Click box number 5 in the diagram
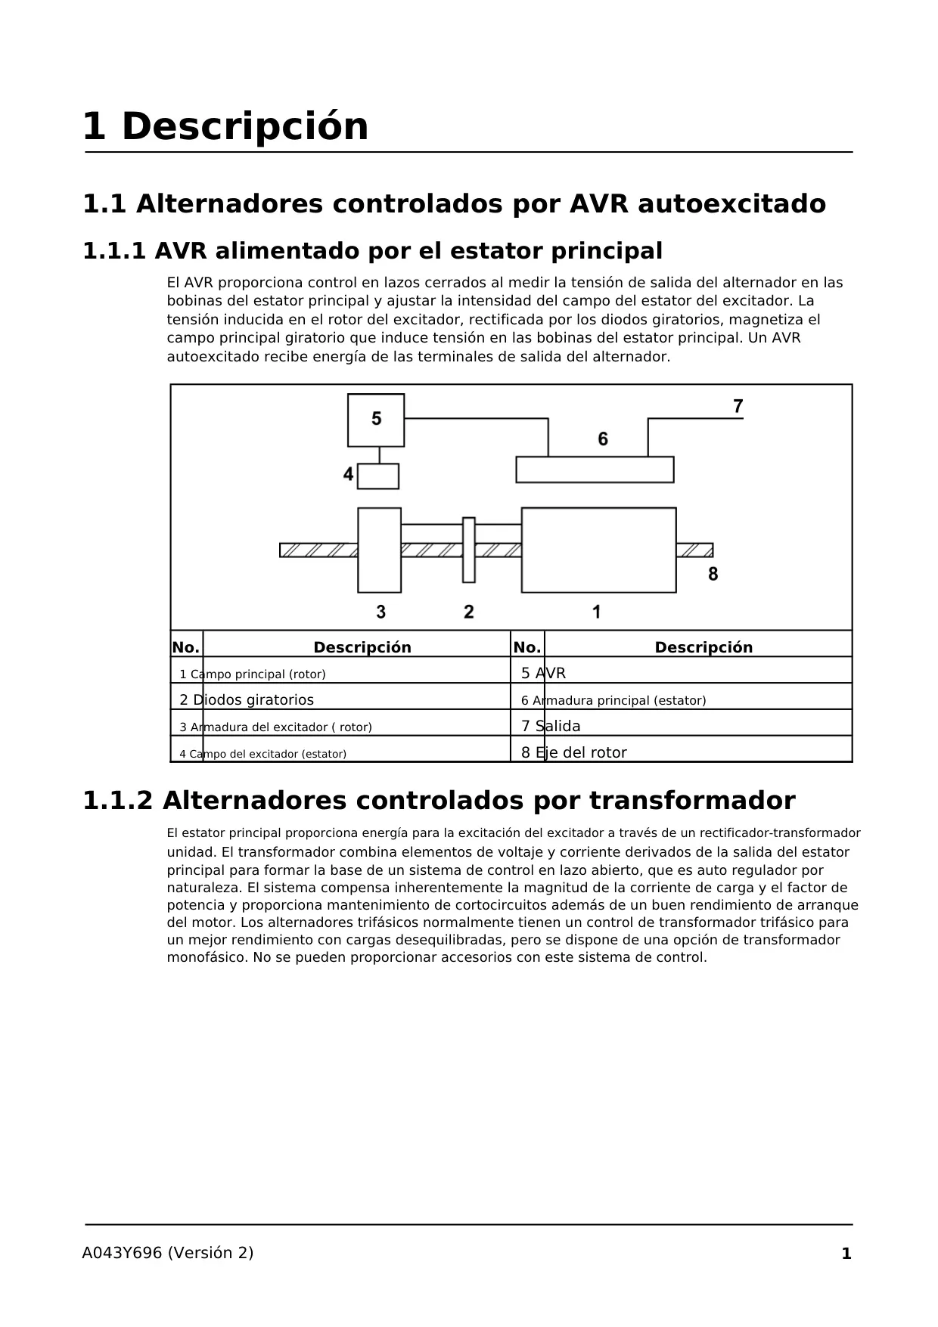click(376, 420)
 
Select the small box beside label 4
click(378, 476)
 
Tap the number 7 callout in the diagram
click(738, 407)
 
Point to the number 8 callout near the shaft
click(713, 575)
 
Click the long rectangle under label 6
click(595, 470)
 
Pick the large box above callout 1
click(598, 550)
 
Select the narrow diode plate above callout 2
click(469, 550)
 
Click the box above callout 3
click(379, 550)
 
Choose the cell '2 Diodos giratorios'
click(247, 700)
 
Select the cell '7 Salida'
click(551, 726)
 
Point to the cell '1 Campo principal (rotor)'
click(253, 674)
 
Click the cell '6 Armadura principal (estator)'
click(613, 700)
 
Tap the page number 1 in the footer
click(846, 1253)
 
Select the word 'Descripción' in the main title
click(244, 126)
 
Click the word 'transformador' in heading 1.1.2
click(692, 801)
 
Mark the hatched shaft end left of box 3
click(318, 550)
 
